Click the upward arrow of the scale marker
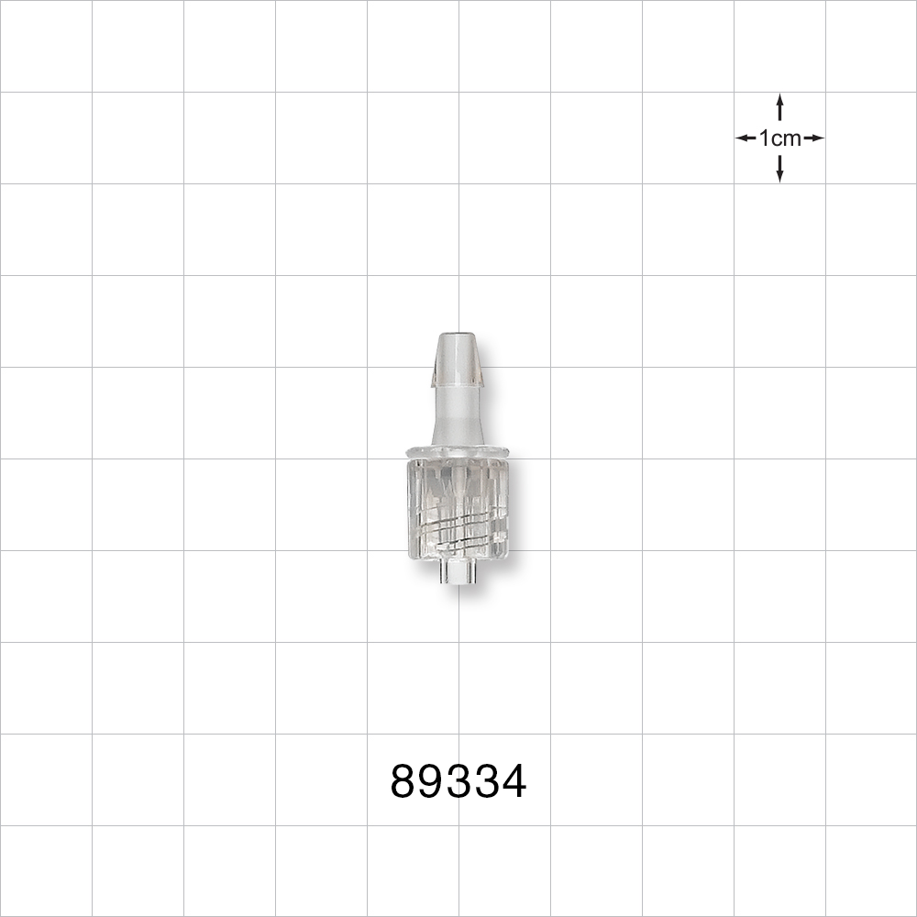[x=779, y=106]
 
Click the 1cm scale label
[x=780, y=138]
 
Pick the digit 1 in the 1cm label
[x=764, y=138]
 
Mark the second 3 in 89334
[x=486, y=782]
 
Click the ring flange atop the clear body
[x=457, y=451]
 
